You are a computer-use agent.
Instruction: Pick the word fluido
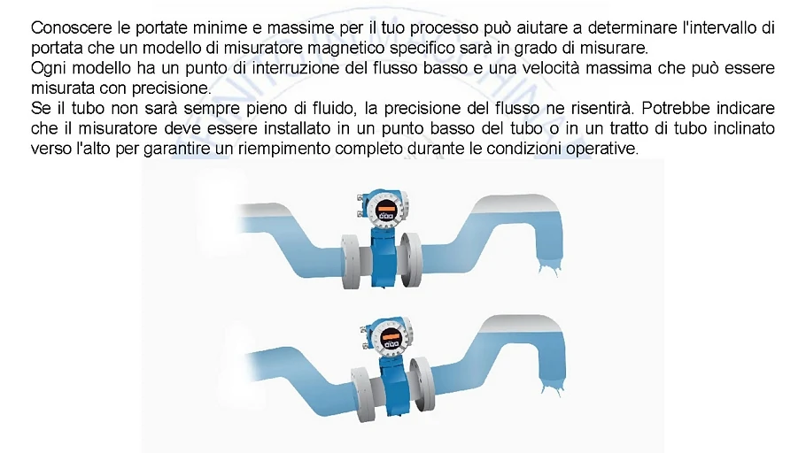click(x=334, y=108)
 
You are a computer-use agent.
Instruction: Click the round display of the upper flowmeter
click(x=384, y=211)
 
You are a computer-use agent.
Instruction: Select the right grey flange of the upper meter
click(x=412, y=260)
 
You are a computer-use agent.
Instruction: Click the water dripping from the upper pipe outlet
click(x=550, y=267)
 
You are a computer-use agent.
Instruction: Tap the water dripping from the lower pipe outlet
click(x=553, y=388)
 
